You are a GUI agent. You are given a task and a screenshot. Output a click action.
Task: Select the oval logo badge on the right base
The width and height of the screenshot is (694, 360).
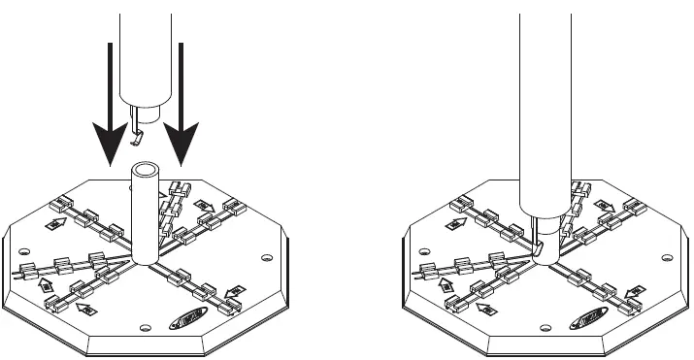coord(591,315)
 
